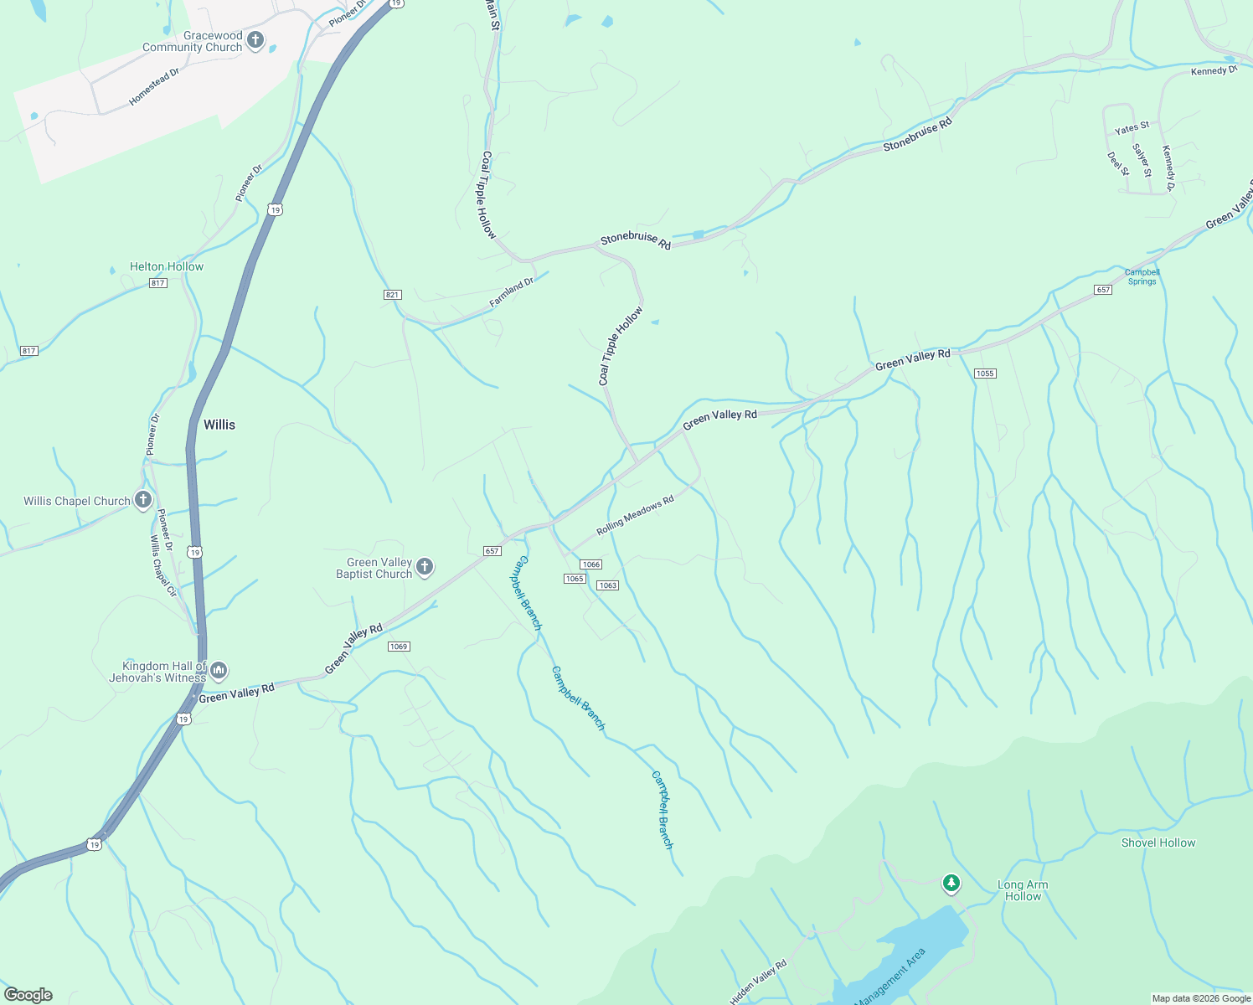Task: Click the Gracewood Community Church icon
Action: click(255, 40)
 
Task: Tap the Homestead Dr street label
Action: click(154, 87)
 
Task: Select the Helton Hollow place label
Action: click(166, 266)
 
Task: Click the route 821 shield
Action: click(393, 295)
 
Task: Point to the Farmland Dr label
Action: click(511, 292)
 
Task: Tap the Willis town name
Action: click(219, 425)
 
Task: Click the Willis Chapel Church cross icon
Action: click(143, 501)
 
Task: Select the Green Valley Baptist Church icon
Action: click(425, 568)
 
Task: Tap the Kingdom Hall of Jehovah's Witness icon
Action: click(219, 670)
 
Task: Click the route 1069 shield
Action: click(399, 647)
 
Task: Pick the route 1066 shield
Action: click(590, 564)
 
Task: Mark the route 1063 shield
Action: click(607, 585)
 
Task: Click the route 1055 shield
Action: click(985, 374)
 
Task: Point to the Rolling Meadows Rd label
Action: click(635, 516)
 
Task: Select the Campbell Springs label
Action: click(1142, 276)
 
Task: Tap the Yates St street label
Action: click(1132, 128)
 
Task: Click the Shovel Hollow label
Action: click(1158, 843)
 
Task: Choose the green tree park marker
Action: click(951, 883)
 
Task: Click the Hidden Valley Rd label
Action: click(758, 982)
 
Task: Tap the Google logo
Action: click(28, 994)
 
